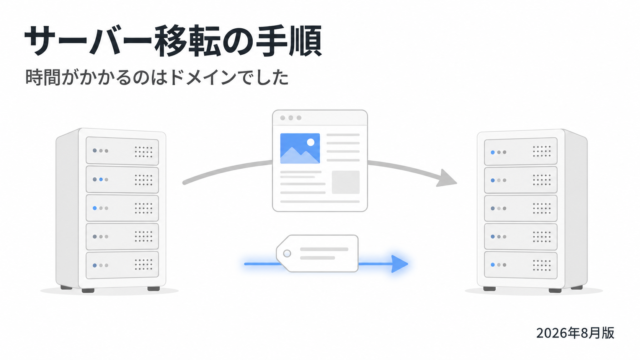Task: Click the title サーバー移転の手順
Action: click(173, 41)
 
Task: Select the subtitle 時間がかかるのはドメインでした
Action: click(157, 77)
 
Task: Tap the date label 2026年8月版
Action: click(575, 333)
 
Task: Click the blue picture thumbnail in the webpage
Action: click(300, 148)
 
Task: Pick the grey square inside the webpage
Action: click(346, 182)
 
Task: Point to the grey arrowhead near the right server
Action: click(446, 178)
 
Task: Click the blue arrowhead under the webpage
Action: click(400, 264)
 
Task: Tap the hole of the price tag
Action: click(287, 253)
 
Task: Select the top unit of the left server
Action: click(122, 151)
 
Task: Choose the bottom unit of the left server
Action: click(122, 265)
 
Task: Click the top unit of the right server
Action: click(520, 152)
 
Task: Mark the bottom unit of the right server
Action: click(520, 265)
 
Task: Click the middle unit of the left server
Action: click(122, 208)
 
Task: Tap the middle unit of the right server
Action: click(520, 208)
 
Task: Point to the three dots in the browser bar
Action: click(291, 118)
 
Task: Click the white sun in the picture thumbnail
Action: click(311, 142)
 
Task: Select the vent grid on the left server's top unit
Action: click(143, 152)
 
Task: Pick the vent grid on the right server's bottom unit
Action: click(542, 265)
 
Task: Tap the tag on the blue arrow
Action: click(318, 253)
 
